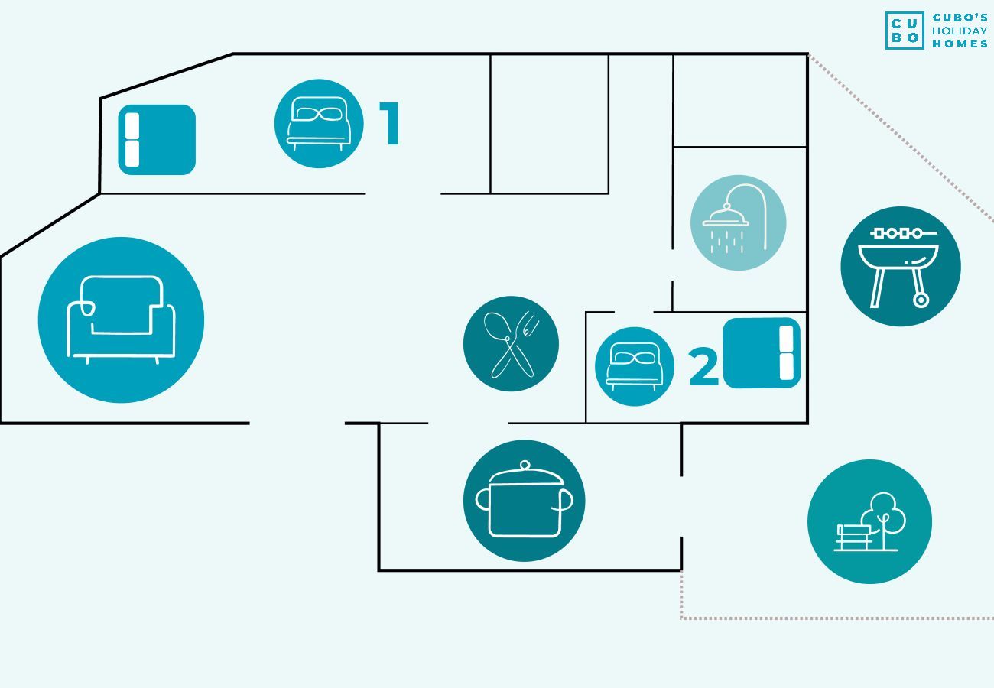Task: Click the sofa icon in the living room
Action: click(121, 320)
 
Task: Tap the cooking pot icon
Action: click(524, 501)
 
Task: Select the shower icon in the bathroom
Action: click(738, 222)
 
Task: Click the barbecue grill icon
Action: click(900, 266)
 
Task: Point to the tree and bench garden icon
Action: click(869, 521)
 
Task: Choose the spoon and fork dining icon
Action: click(511, 344)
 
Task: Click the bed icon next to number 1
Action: click(319, 124)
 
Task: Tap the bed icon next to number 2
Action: click(634, 366)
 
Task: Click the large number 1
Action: click(391, 123)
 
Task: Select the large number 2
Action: click(703, 368)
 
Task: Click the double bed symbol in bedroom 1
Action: click(157, 140)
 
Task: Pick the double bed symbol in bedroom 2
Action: click(762, 353)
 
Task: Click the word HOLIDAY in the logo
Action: click(960, 31)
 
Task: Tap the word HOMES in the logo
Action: click(960, 44)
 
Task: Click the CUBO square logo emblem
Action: click(905, 31)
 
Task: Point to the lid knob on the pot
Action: click(525, 465)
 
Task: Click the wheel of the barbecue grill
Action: click(921, 300)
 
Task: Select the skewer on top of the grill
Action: click(899, 233)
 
